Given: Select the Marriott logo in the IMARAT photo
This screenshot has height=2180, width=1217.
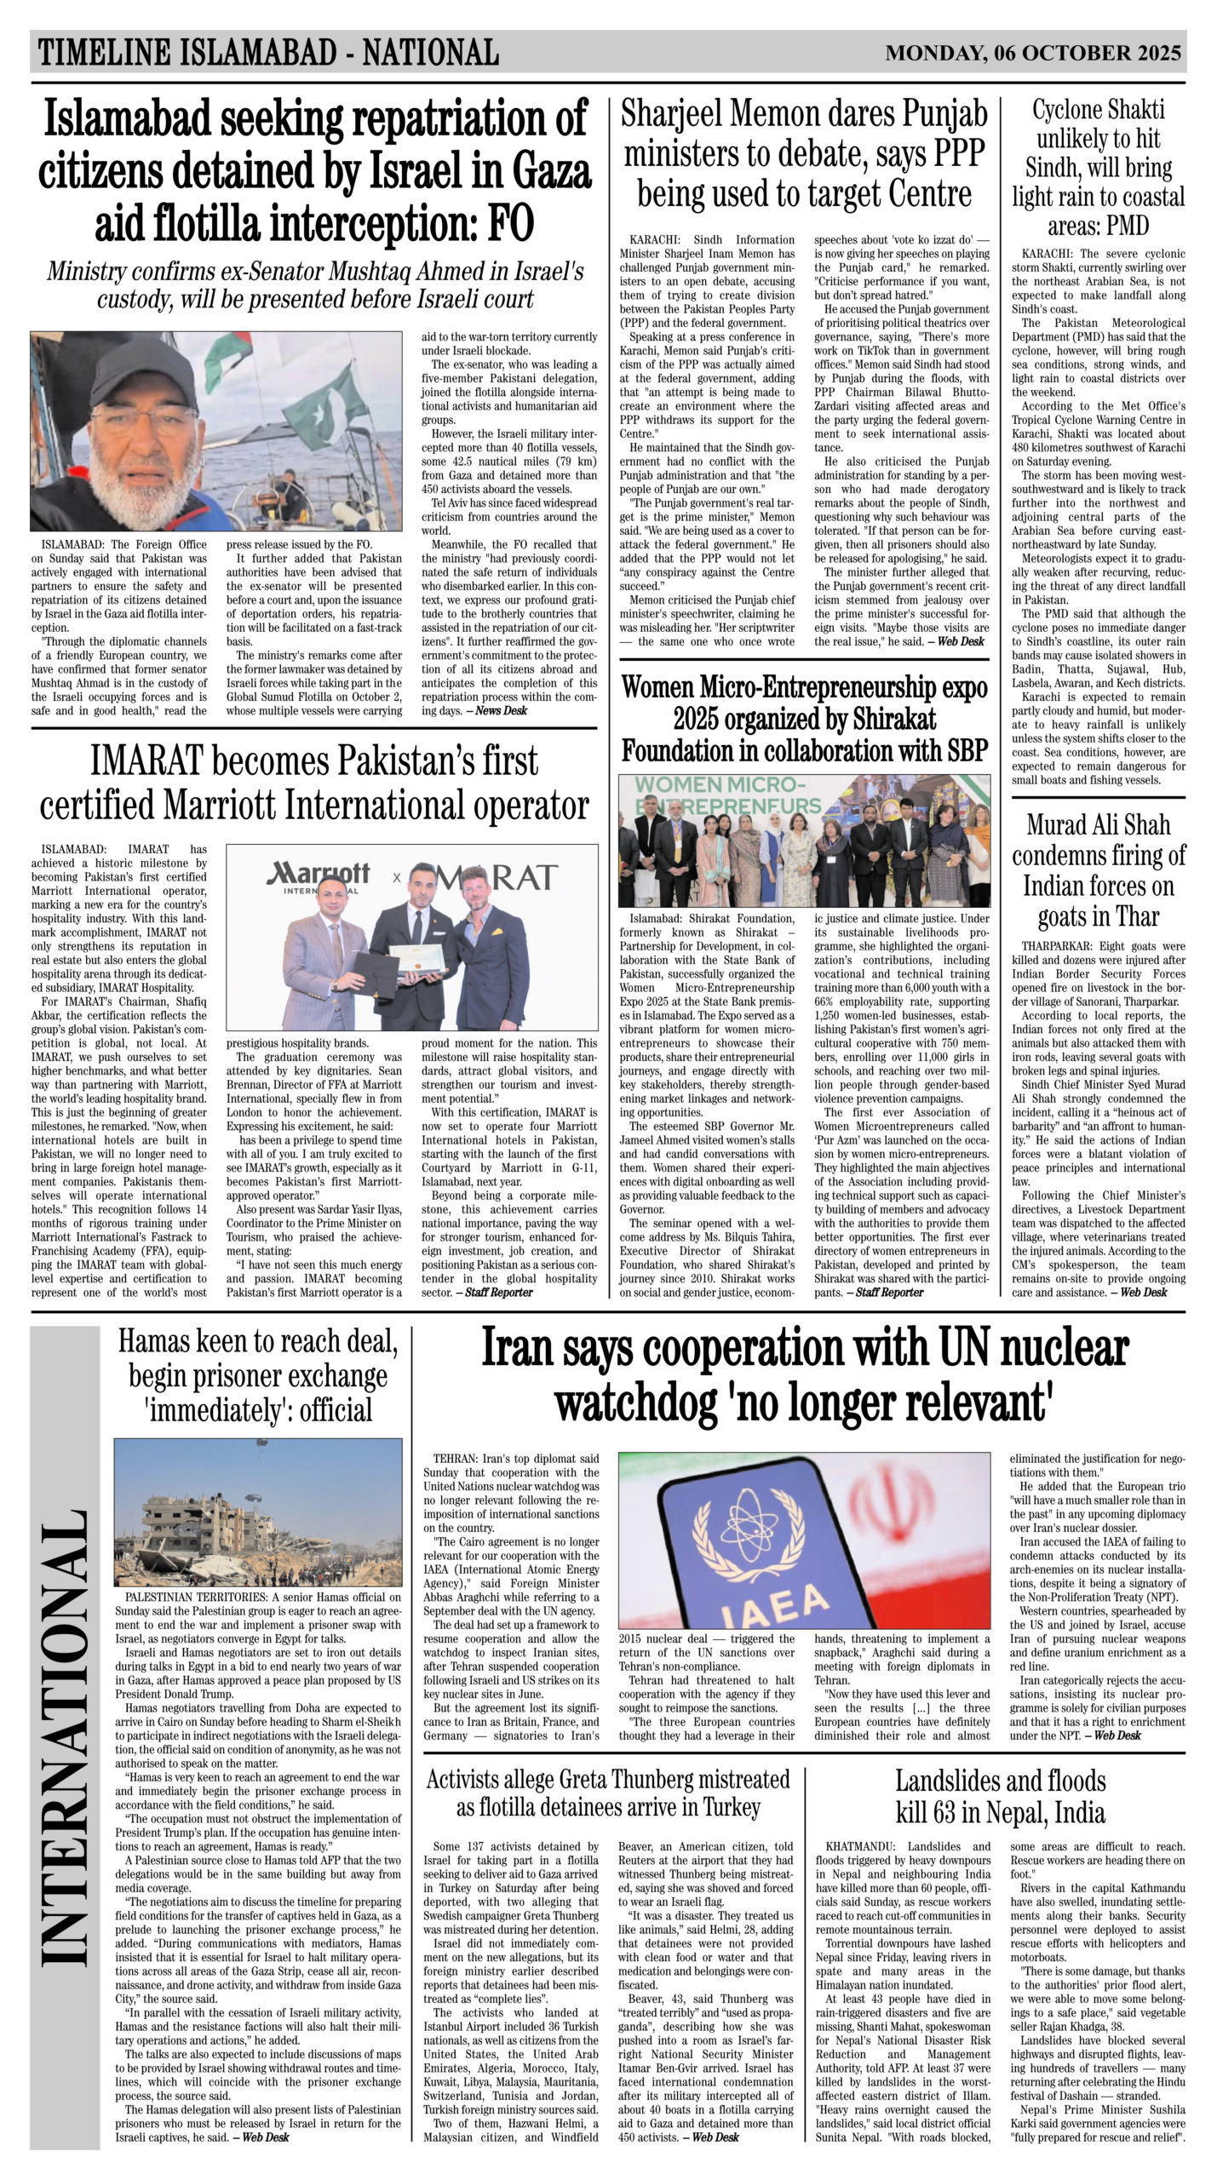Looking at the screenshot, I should (319, 875).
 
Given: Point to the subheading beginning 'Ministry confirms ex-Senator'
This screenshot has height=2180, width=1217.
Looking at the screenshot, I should (314, 285).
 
